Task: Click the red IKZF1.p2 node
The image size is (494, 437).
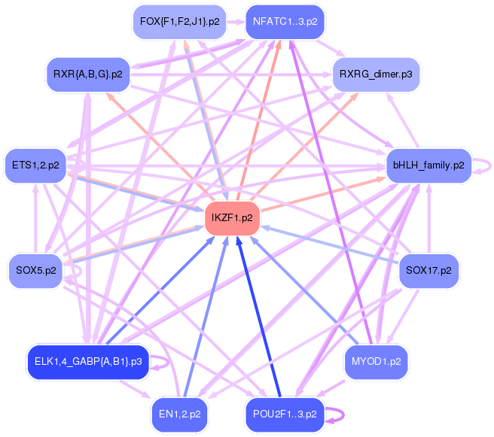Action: tap(232, 218)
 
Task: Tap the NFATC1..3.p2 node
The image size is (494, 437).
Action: tap(285, 22)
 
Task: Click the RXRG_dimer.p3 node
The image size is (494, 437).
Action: tap(375, 74)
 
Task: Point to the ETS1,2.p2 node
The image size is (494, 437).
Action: tap(36, 165)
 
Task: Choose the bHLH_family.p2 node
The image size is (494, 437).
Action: tap(428, 165)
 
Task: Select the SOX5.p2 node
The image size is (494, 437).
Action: tap(36, 268)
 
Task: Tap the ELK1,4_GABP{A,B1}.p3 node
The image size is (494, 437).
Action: tap(88, 362)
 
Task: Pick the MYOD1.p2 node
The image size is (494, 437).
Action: tap(375, 362)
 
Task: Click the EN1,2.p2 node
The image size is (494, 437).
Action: tap(179, 413)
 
